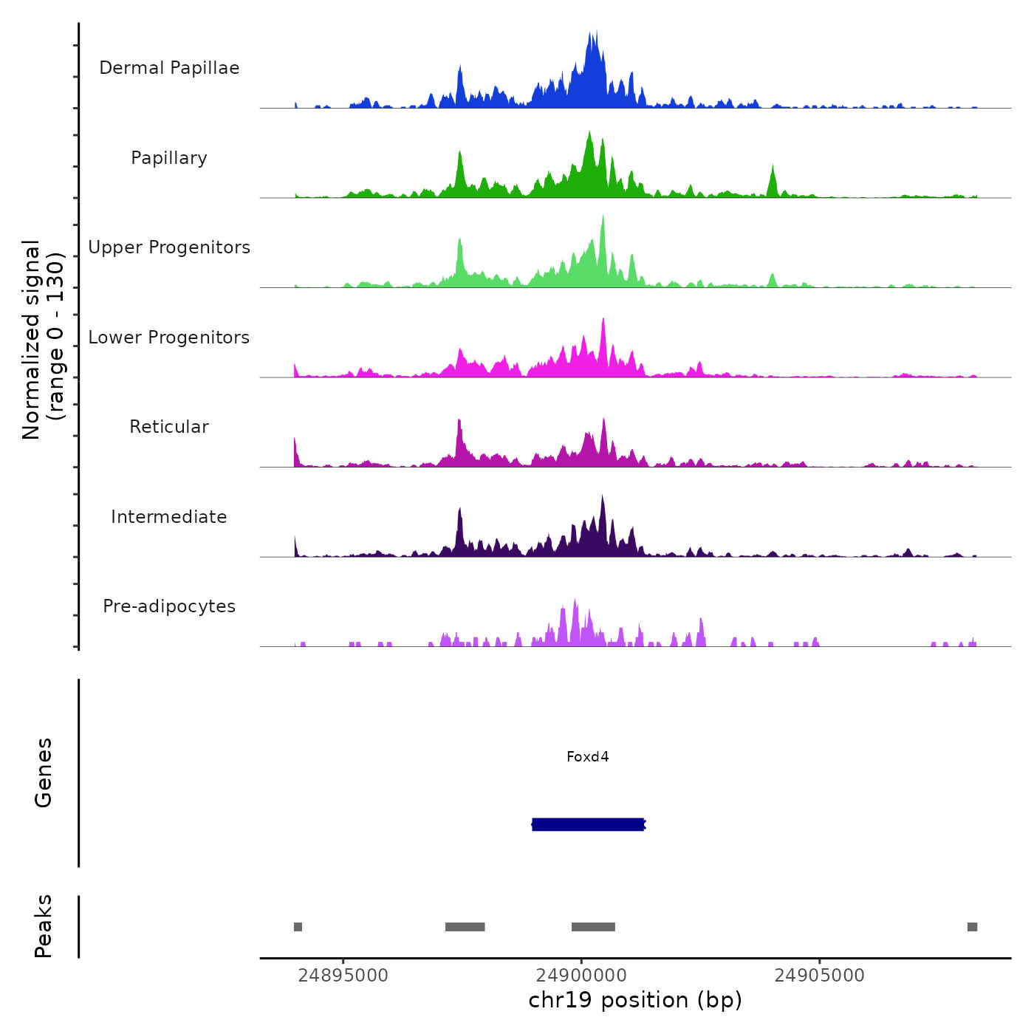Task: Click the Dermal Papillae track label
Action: pos(169,68)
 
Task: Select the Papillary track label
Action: pos(169,158)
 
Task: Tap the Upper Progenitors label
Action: pos(169,247)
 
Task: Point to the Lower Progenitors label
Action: pos(169,338)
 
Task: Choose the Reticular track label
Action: pos(169,427)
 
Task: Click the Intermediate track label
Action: pos(169,517)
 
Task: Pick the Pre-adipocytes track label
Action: pos(169,606)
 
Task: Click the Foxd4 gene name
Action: pos(588,757)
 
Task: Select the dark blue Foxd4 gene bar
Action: pos(588,824)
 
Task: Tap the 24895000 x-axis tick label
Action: pos(343,976)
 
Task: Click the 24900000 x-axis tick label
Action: pos(581,976)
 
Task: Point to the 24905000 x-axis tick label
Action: pos(819,976)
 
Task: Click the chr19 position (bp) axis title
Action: pos(635,1001)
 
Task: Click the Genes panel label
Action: pos(44,773)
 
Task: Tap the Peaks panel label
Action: pos(44,926)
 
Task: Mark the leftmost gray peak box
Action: pos(298,927)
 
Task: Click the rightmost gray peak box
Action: pos(972,927)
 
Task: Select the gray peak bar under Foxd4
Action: pos(593,927)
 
